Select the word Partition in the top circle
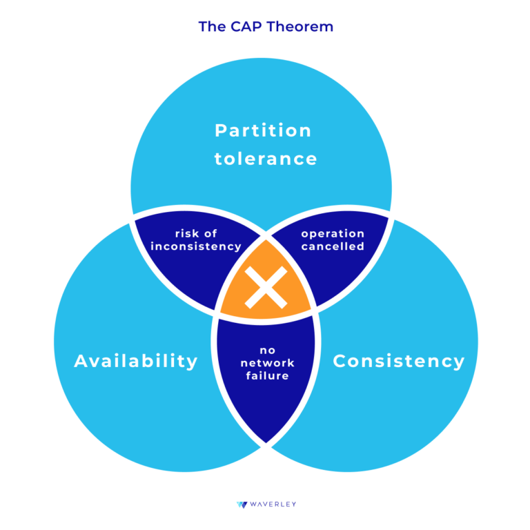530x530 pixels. (263, 131)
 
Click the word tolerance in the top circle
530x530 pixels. (266, 159)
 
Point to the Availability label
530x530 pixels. (136, 362)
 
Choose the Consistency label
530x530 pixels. (399, 362)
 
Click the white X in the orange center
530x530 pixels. (266, 287)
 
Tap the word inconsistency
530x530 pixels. (196, 246)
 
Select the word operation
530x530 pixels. (333, 234)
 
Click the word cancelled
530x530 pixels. (333, 246)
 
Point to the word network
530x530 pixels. (267, 363)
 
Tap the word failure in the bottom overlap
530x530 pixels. (267, 375)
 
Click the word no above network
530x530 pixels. (267, 351)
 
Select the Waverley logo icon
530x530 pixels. (242, 504)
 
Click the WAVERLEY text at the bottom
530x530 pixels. (273, 504)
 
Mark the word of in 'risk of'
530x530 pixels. (210, 233)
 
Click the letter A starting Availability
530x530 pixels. (81, 361)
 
